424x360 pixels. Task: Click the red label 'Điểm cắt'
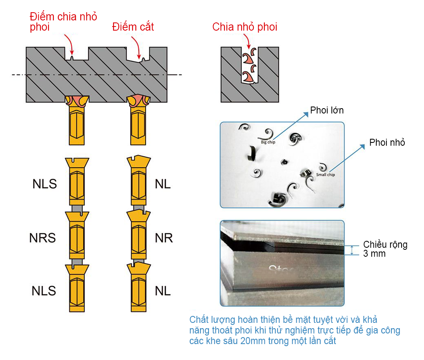[x=133, y=27]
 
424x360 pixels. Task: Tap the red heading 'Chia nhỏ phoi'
[x=244, y=27]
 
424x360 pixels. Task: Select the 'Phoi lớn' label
[x=327, y=110]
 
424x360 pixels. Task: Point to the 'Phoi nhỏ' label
[x=387, y=142]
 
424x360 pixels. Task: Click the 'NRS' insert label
[x=42, y=238]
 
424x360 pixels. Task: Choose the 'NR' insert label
[x=164, y=238]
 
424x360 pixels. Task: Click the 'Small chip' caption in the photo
[x=325, y=175]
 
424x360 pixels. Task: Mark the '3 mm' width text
[x=374, y=253]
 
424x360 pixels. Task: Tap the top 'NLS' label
[x=44, y=184]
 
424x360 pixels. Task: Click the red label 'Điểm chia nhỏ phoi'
[x=63, y=22]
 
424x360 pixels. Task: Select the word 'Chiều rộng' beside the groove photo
[x=385, y=244]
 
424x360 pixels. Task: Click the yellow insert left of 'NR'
[x=138, y=234]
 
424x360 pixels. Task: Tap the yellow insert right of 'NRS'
[x=77, y=234]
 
